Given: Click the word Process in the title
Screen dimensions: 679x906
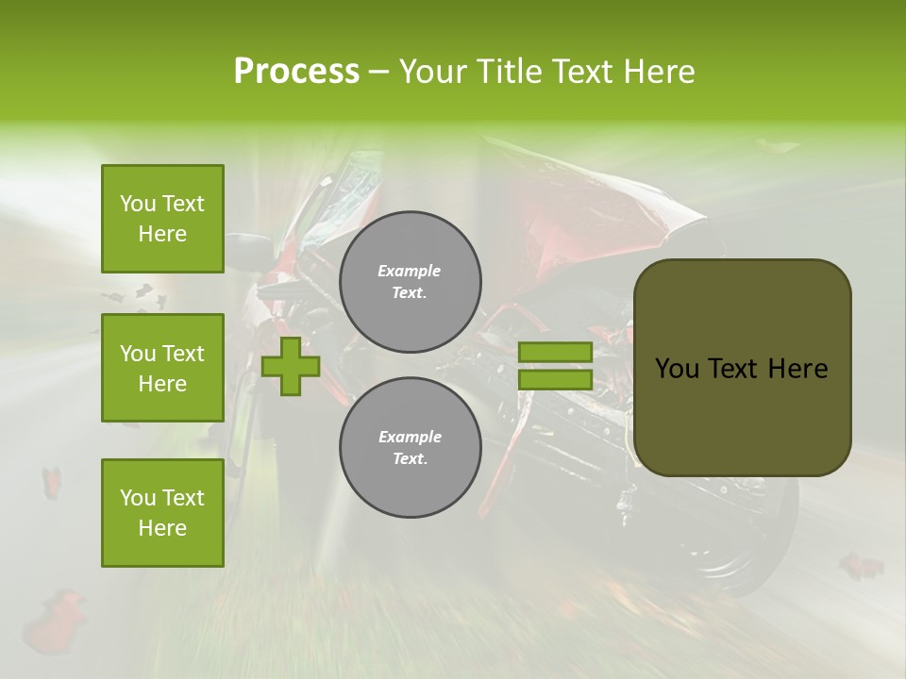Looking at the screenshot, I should click(x=296, y=72).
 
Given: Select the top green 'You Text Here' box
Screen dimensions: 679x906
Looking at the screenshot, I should click(x=162, y=219).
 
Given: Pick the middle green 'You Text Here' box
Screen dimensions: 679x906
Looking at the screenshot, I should click(x=162, y=368).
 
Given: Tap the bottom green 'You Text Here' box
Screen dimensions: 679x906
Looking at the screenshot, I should click(x=162, y=513).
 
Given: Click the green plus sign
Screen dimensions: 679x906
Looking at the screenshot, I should click(x=291, y=366).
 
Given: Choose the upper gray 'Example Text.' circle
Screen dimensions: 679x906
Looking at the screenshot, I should click(x=410, y=282).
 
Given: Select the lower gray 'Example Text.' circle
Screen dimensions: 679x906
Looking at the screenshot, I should click(x=410, y=448).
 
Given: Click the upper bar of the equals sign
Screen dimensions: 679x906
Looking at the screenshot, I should click(x=555, y=352).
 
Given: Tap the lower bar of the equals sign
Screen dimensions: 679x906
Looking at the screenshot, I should click(x=555, y=380).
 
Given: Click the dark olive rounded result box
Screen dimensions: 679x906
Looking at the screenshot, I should click(x=742, y=367).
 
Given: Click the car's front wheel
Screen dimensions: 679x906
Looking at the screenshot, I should click(x=746, y=547).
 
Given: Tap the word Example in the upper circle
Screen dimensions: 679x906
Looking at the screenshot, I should click(x=410, y=272).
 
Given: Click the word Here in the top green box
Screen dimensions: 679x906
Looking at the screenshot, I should click(x=162, y=234).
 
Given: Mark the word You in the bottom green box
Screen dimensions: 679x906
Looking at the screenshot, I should click(x=138, y=498).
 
